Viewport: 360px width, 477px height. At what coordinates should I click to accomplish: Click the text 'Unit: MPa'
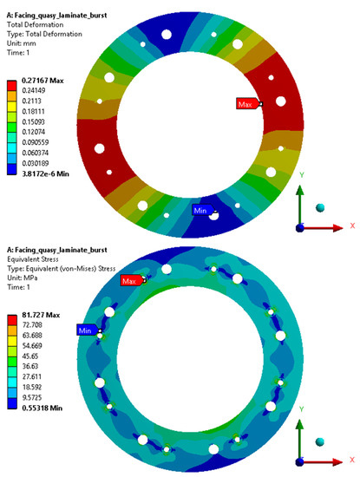pyautogui.click(x=26, y=265)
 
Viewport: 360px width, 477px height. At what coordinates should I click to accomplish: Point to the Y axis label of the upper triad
pyautogui.click(x=300, y=173)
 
